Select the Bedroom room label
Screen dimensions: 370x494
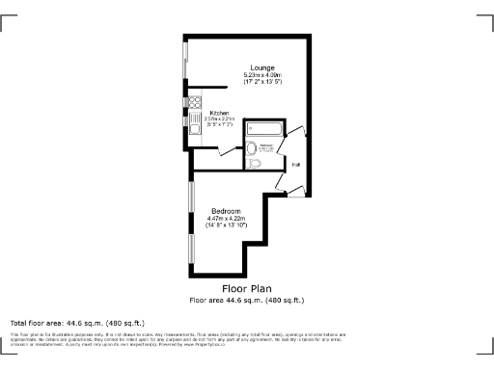point(227,210)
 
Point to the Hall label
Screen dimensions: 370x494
point(296,165)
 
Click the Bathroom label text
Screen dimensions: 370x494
point(266,145)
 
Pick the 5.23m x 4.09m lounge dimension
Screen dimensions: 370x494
point(262,76)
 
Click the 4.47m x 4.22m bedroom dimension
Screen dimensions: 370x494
point(227,218)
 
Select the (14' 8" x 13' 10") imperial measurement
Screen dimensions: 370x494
point(227,225)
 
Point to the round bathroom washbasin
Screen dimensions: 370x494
point(252,147)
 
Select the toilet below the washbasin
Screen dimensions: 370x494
point(254,164)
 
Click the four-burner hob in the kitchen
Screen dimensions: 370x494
point(194,101)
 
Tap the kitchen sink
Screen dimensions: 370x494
point(194,123)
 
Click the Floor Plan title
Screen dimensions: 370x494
point(247,288)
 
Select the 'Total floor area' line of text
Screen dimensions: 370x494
point(77,322)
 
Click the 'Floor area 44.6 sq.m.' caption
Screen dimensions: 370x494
point(247,300)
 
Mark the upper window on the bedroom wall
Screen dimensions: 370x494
point(190,200)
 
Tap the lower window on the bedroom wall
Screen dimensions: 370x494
point(190,248)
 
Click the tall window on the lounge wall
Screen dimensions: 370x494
point(185,64)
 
